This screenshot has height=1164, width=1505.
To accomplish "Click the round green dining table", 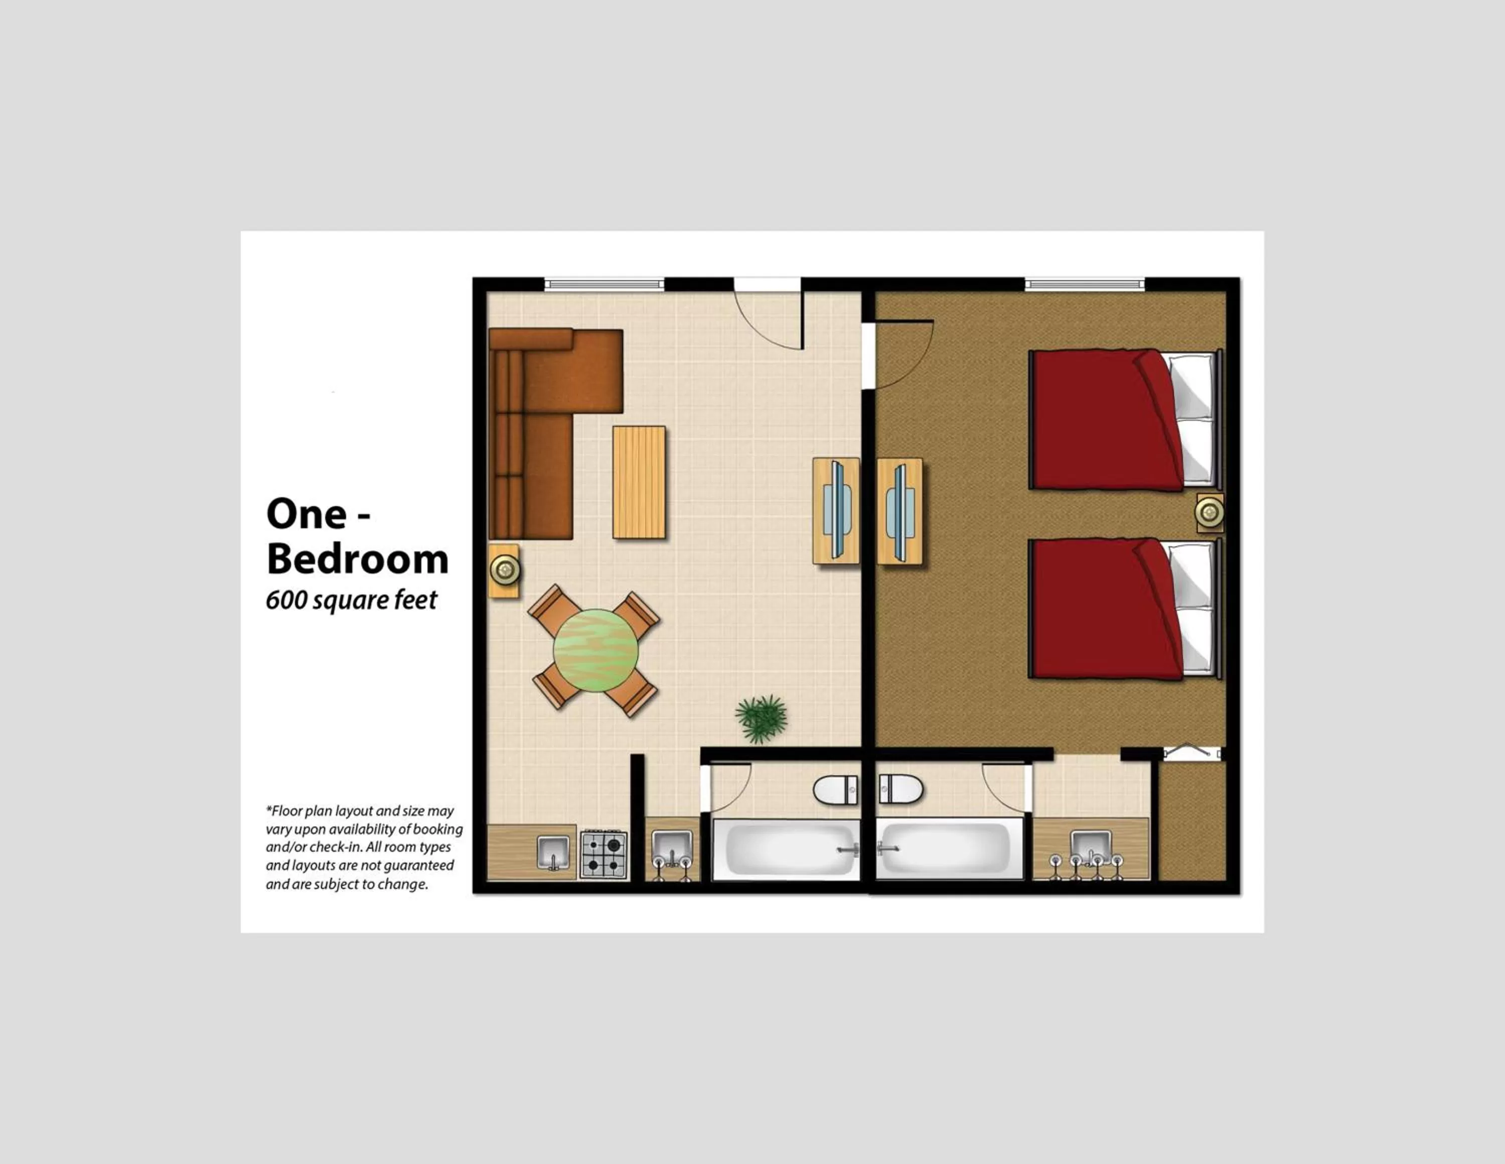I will coord(595,650).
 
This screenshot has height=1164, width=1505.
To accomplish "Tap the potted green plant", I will coord(761,718).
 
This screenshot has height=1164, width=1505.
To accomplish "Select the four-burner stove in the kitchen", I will coord(604,854).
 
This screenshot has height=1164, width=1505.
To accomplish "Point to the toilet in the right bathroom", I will coord(900,789).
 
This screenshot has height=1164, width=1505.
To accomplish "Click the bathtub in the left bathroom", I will coord(786,850).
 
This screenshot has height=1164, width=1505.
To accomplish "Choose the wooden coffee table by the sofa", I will coord(639,482).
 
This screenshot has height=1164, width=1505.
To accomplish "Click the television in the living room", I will coord(837,510).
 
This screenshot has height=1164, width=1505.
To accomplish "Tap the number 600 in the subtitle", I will coord(286,600).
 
